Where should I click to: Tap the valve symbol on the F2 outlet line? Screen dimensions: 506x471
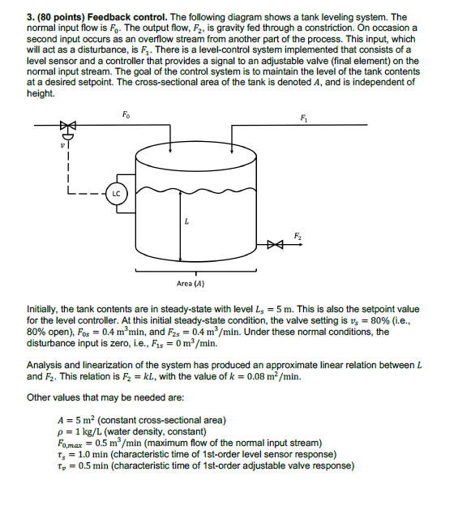point(277,242)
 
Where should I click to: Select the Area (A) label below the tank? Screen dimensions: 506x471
point(191,284)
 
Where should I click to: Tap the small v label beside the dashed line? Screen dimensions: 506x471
point(56,146)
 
